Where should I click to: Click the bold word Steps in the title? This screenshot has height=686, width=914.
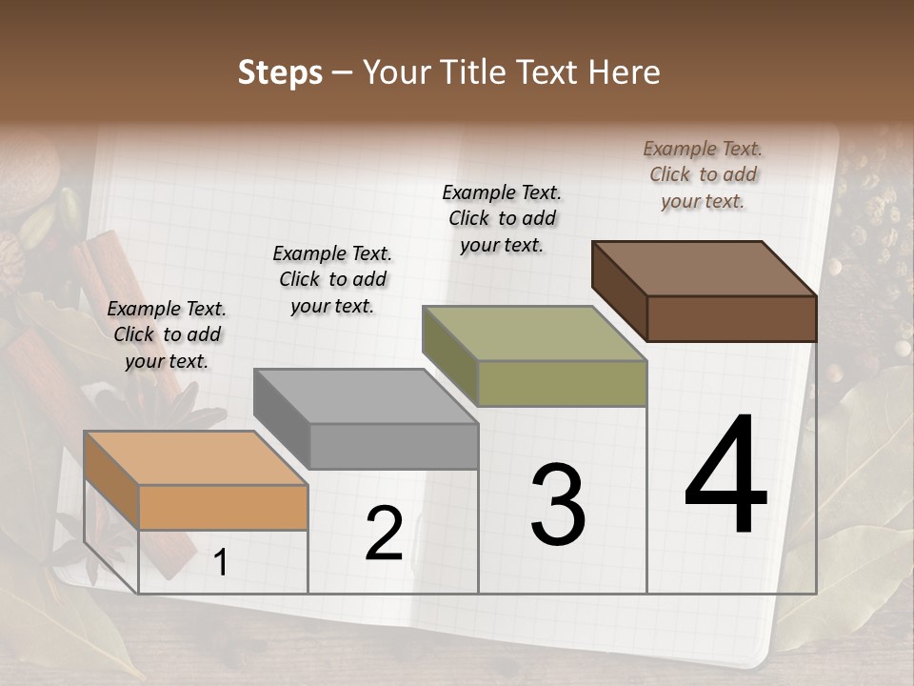pyautogui.click(x=280, y=72)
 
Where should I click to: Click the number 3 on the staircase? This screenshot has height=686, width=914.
pyautogui.click(x=558, y=505)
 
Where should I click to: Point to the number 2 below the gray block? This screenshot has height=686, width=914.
pyautogui.click(x=384, y=535)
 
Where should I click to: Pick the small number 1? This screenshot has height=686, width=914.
pyautogui.click(x=220, y=563)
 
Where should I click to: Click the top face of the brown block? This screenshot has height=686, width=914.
pyautogui.click(x=705, y=269)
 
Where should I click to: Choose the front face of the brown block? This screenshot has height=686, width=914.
pyautogui.click(x=731, y=318)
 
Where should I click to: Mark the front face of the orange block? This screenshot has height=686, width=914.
pyautogui.click(x=223, y=507)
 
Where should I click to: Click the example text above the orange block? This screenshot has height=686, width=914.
pyautogui.click(x=167, y=334)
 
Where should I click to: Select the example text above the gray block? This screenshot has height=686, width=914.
pyautogui.click(x=332, y=279)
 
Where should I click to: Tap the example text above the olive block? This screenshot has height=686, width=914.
pyautogui.click(x=502, y=218)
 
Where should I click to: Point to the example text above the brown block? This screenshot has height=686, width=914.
pyautogui.click(x=703, y=174)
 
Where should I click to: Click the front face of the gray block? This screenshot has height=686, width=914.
pyautogui.click(x=393, y=446)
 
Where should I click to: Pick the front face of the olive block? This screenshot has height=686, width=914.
pyautogui.click(x=562, y=383)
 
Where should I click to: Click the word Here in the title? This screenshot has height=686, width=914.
pyautogui.click(x=625, y=72)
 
